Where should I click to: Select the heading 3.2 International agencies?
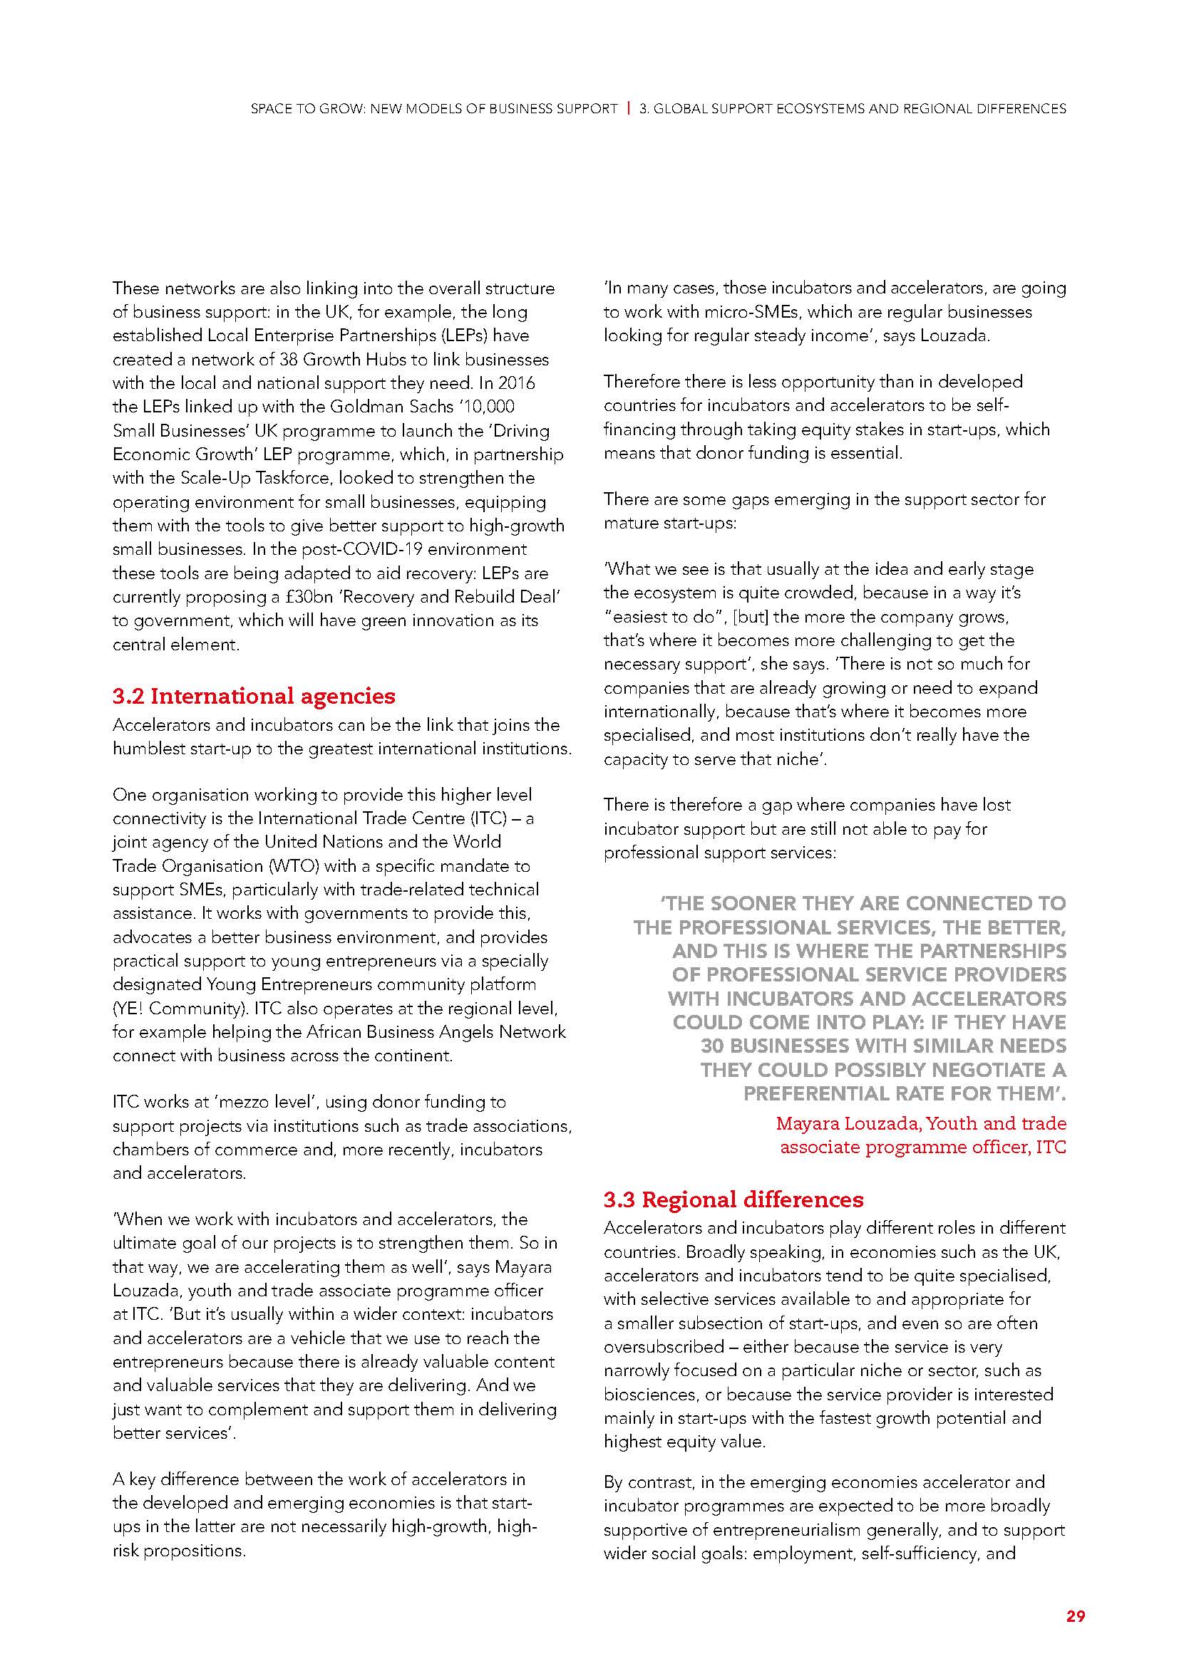tap(253, 696)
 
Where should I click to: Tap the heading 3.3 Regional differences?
tap(733, 1199)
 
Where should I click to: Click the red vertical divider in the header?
tap(628, 109)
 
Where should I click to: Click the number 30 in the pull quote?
tap(714, 1046)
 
